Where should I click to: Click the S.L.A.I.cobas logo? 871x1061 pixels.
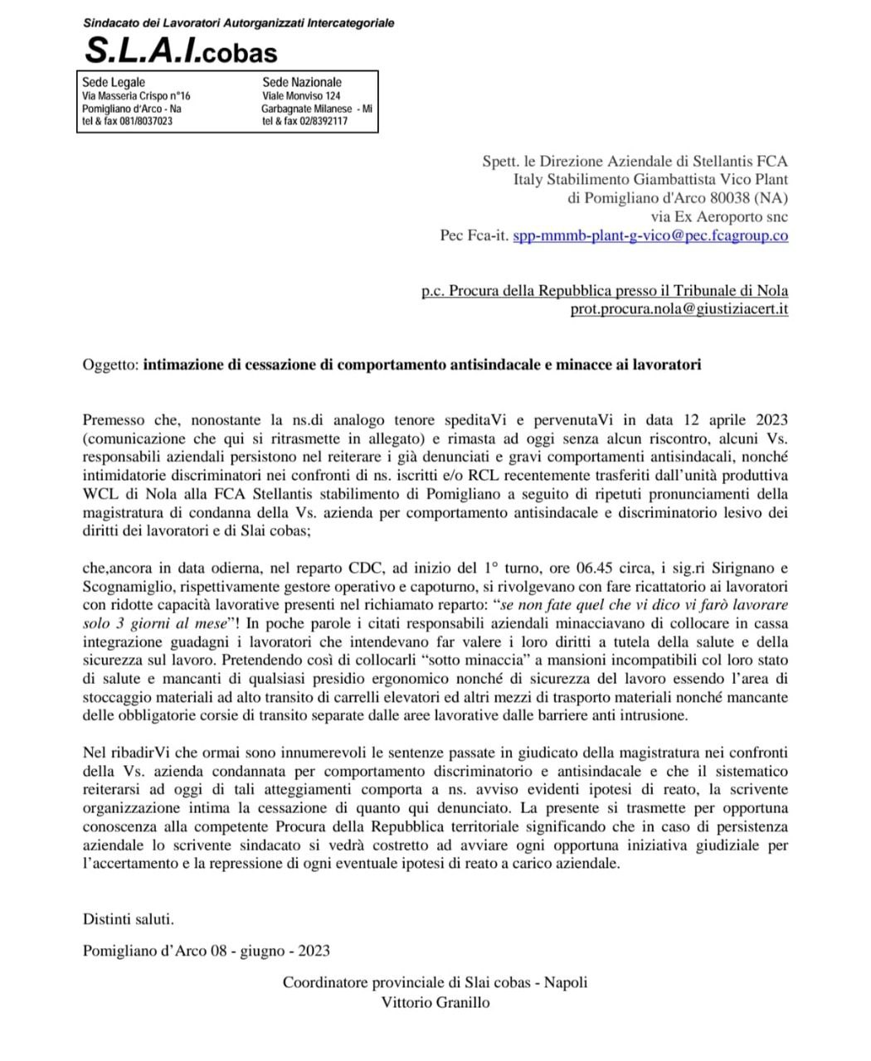181,51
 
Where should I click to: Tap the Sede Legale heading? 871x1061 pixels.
114,82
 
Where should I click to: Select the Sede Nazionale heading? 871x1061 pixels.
302,82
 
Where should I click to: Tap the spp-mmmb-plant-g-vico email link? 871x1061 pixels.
650,235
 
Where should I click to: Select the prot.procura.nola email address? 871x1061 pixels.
679,309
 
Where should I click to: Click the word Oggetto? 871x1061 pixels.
110,365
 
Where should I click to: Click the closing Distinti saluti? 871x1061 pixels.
129,918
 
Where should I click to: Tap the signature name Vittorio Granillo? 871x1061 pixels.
435,1002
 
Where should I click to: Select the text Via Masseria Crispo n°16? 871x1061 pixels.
136,96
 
